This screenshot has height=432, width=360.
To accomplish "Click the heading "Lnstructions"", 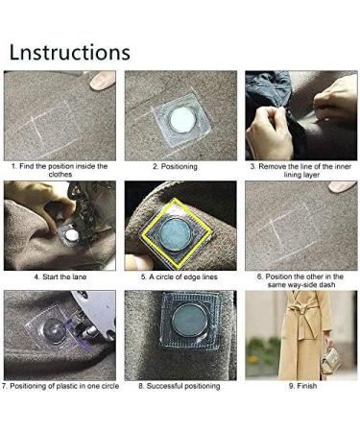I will [70, 50].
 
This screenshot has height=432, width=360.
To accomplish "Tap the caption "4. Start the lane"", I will [60, 276].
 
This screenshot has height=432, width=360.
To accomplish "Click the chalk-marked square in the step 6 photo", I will [288, 228].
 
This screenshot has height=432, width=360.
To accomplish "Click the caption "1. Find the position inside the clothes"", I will [60, 171].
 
